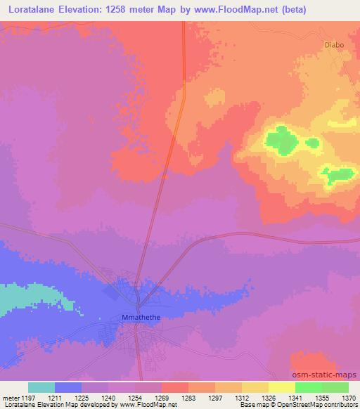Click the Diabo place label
(335, 45)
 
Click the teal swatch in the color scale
(41, 387)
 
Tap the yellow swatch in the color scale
(281, 387)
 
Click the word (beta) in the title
(290, 9)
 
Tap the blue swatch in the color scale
(68, 387)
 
